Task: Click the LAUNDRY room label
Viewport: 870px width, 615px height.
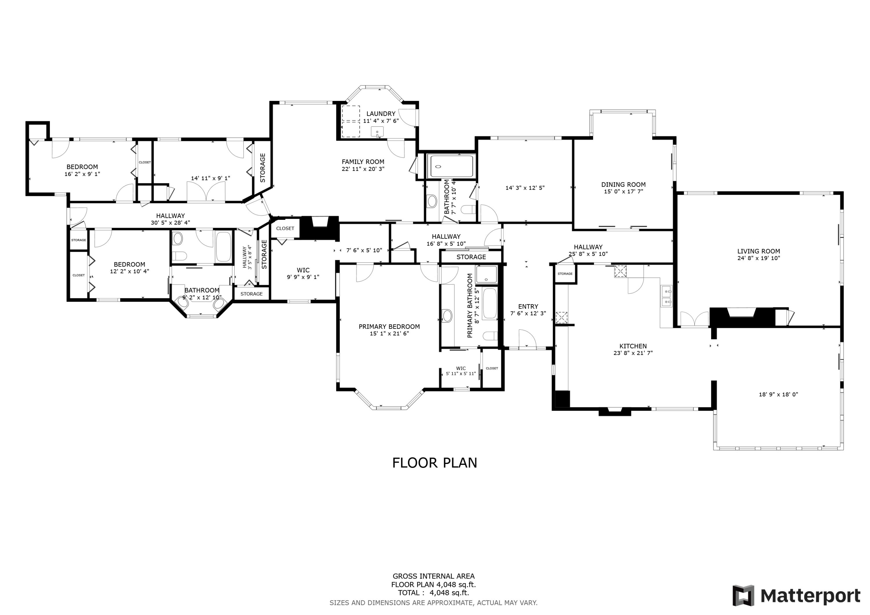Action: (380, 114)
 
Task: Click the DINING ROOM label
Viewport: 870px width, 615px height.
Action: (623, 184)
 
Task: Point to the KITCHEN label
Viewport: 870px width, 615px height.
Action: (632, 346)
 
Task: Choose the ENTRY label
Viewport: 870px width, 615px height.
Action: (528, 306)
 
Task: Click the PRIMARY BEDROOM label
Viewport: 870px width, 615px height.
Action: (389, 326)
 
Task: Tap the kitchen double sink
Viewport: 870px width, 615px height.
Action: (666, 297)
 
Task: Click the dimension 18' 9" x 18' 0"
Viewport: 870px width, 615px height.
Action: (778, 394)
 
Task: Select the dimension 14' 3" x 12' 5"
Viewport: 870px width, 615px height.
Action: (525, 188)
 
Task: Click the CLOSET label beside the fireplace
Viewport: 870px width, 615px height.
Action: (285, 228)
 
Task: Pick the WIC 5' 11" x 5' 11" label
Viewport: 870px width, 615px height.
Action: (461, 371)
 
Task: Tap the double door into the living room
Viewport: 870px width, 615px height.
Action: (694, 319)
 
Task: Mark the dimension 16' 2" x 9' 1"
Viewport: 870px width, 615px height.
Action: (82, 174)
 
